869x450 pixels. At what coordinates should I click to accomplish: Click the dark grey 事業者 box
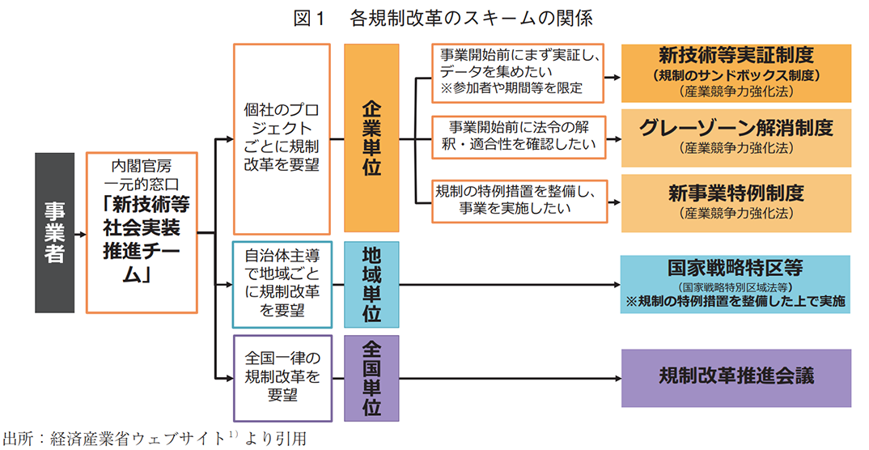54,232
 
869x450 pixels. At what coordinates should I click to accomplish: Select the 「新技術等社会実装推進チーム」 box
142,232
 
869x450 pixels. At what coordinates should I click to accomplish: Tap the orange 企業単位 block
371,138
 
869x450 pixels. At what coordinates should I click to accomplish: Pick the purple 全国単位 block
371,378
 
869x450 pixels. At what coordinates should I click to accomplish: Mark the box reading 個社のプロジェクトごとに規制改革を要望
282,138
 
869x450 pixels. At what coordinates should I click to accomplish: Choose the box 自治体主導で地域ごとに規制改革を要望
282,284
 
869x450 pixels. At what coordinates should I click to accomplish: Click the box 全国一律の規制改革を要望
282,378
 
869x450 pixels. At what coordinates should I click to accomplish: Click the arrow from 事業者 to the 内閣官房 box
80,233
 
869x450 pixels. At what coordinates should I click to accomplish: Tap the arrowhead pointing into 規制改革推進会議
617,378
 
